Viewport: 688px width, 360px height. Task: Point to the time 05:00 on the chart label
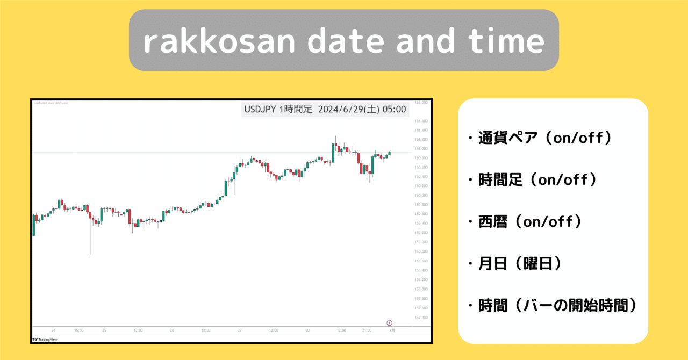(395, 109)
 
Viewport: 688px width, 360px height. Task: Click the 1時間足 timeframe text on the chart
(296, 109)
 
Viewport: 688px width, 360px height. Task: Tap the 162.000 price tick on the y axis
(421, 102)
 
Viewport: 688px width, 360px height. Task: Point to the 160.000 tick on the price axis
(421, 196)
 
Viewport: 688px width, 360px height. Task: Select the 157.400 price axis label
(421, 318)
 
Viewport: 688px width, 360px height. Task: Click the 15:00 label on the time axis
(78, 330)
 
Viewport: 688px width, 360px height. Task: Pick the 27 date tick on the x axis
(240, 330)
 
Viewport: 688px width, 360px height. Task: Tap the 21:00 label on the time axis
(367, 330)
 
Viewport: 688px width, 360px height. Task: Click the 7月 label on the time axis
(392, 330)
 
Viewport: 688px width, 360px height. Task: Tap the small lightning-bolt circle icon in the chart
(389, 322)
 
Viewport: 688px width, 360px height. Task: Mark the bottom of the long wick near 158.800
(90, 254)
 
